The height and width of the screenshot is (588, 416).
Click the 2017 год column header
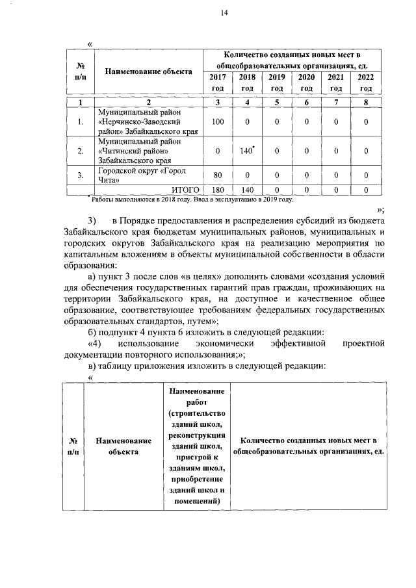tap(218, 83)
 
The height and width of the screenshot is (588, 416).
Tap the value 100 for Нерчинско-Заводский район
tap(218, 121)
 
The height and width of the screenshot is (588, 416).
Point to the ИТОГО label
tap(184, 189)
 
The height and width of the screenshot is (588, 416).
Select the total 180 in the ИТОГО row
tap(218, 189)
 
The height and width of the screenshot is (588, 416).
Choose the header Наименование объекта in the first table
tap(149, 71)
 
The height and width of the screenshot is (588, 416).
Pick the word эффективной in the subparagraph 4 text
tap(296, 343)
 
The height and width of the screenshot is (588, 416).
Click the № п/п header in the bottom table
tap(73, 446)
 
